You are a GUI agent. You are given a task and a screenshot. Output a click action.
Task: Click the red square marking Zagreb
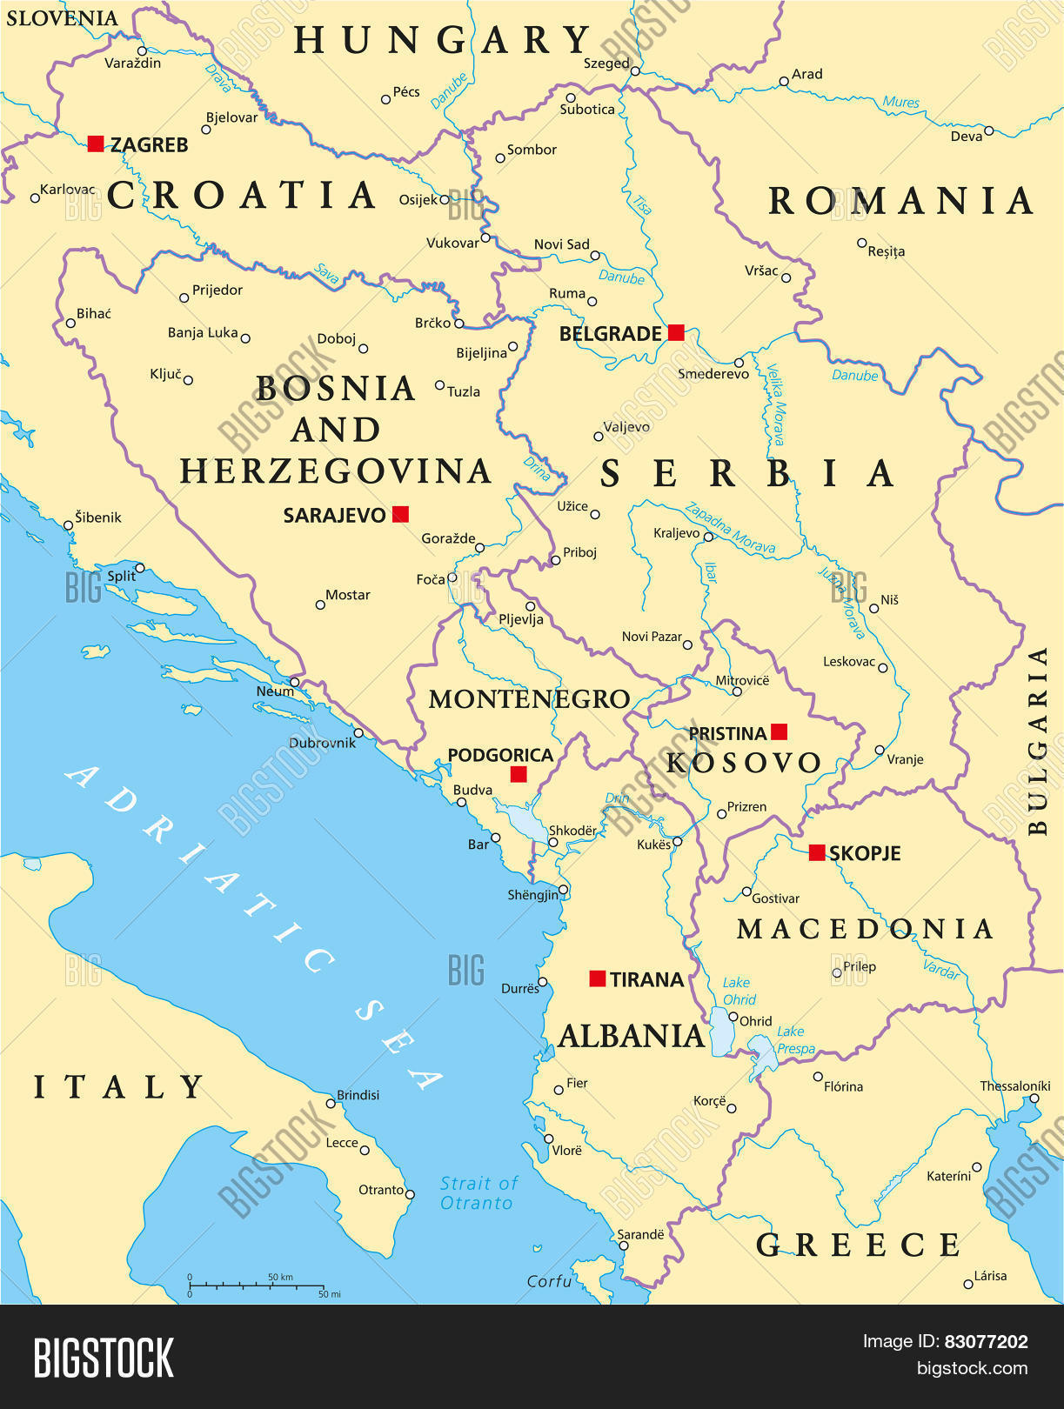pos(96,144)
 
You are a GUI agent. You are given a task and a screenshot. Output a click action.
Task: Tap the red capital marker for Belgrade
pos(676,332)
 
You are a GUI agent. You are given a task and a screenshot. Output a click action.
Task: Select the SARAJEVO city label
pos(334,515)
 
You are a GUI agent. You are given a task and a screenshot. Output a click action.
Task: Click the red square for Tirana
pos(598,978)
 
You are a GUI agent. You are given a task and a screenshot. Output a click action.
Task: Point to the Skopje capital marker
pos(816,852)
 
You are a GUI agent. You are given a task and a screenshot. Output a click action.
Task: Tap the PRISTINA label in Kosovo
pos(727,733)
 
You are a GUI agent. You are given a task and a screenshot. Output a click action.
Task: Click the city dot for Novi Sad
pos(595,256)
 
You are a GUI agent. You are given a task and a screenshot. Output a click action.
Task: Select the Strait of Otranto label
pos(477,1193)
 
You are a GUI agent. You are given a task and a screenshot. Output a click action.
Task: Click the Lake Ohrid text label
pos(739,991)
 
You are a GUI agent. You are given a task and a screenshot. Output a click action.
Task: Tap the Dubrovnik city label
pos(322,743)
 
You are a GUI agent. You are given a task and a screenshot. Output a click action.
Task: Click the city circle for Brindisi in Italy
pos(331,1103)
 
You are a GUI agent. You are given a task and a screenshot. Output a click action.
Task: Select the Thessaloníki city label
pos(1014,1085)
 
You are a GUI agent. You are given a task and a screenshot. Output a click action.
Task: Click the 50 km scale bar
pos(257,1285)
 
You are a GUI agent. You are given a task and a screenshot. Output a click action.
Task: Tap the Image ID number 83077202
pos(986,1341)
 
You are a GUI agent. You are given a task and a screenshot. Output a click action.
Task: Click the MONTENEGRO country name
pos(529,698)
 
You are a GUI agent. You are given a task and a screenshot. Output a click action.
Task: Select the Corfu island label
pos(549,1281)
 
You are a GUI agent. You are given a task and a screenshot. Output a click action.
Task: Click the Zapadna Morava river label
pos(729,528)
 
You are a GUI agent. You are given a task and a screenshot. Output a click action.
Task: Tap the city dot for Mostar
pos(320,604)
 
